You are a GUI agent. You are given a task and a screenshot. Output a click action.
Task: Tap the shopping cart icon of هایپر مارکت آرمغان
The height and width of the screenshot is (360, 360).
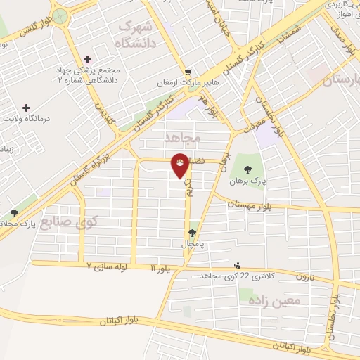188,73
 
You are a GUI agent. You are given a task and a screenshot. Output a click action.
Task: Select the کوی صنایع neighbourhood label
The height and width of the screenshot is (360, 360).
69,224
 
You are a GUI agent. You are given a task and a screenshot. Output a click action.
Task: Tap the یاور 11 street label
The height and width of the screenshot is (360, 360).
162,268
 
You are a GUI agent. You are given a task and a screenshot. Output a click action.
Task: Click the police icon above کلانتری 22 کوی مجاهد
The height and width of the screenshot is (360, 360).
237,266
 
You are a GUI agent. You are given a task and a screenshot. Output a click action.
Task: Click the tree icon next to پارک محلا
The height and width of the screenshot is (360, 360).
14,213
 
